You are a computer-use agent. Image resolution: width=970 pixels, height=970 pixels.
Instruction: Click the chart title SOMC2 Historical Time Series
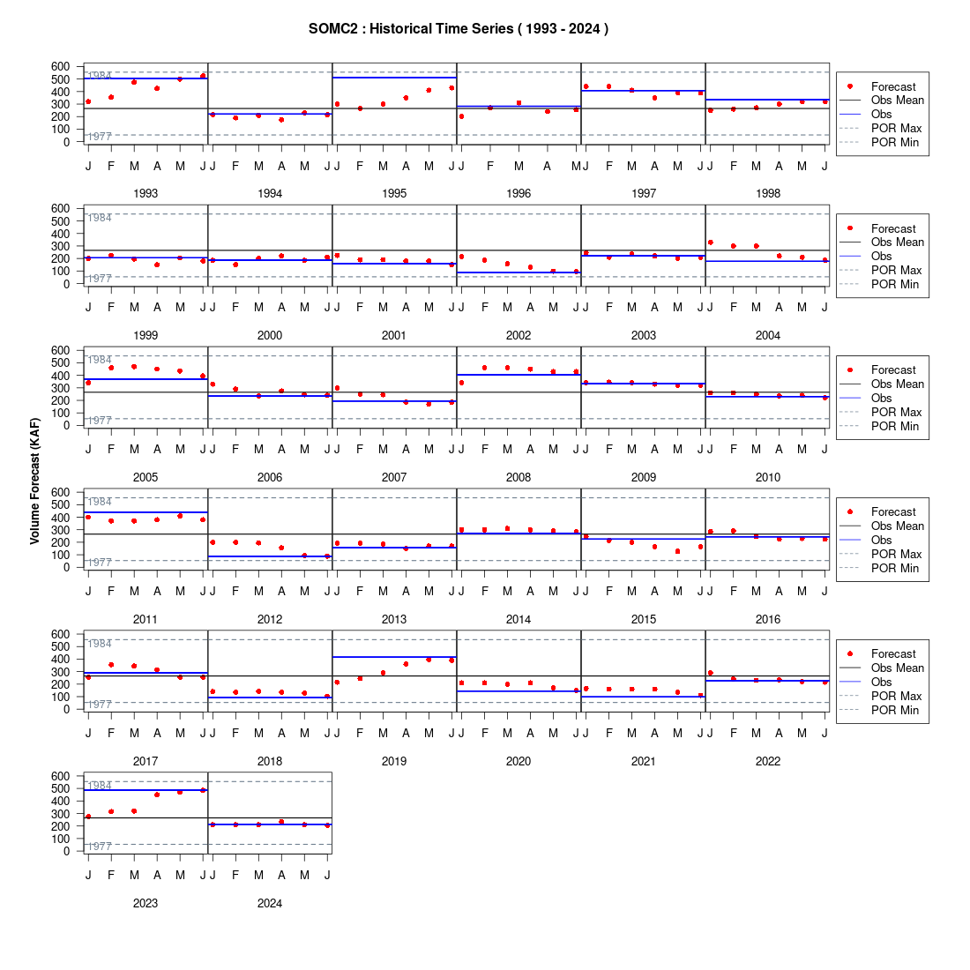pos(459,29)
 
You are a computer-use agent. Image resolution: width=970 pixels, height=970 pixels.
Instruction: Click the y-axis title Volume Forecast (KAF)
pos(34,481)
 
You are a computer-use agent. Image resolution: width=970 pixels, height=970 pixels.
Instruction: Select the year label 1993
pos(145,194)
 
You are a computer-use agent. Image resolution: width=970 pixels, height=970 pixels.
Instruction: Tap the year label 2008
pos(519,478)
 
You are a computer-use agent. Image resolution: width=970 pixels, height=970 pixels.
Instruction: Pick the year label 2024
pos(270,904)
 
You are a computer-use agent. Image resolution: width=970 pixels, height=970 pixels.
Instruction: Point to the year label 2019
pos(394,762)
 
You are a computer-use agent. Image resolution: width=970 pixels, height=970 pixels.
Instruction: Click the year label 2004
pos(768,335)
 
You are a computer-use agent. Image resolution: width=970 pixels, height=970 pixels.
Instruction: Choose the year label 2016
pos(768,619)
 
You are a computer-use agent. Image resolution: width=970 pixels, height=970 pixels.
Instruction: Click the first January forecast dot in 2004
pos(710,242)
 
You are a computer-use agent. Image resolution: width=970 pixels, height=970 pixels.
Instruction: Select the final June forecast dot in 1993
pos(203,76)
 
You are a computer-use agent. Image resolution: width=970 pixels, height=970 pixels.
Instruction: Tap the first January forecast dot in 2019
pos(337,683)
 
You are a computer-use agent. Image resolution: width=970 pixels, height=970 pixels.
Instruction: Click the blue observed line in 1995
pos(395,78)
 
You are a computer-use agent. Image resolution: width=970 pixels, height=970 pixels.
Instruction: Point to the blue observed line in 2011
pos(145,512)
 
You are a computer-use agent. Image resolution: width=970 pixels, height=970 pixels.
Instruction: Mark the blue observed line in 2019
pos(395,657)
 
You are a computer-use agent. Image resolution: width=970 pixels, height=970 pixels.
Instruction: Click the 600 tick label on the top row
pos(61,66)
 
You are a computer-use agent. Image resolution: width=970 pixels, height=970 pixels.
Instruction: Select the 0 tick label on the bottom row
pos(67,851)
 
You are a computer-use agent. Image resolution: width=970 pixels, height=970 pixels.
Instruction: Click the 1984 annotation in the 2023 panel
pos(100,786)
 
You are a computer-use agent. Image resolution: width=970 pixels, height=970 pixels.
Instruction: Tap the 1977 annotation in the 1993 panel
pos(100,137)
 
